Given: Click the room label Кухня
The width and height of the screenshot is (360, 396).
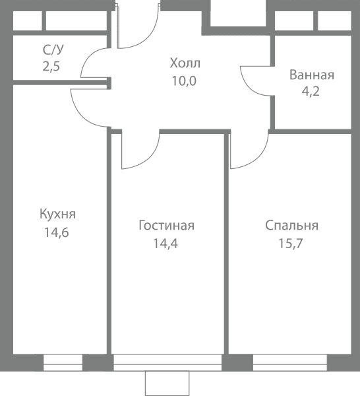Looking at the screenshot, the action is [57, 214].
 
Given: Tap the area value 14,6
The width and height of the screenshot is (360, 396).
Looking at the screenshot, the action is [57, 232].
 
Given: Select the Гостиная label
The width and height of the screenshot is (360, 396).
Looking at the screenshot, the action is [167, 225].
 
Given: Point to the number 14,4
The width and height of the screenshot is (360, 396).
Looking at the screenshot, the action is [165, 244].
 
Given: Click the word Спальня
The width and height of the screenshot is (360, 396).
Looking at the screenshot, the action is [291, 225].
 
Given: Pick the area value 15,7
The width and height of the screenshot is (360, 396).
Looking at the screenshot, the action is [290, 244].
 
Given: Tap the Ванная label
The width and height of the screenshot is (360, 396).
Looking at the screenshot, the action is [312, 75].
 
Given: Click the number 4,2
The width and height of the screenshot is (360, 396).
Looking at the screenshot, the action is [311, 91].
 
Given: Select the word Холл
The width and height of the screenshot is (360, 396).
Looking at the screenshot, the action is [185, 63].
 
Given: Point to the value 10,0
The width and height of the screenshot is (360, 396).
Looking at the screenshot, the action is [184, 81].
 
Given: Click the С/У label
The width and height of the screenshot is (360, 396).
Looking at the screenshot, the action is [53, 49].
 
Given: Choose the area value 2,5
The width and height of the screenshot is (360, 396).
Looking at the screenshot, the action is [51, 67].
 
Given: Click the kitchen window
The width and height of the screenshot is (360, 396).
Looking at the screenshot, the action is [63, 362].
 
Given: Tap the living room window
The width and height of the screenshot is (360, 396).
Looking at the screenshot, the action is [167, 362].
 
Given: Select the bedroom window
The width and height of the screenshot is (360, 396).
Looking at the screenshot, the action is [290, 362].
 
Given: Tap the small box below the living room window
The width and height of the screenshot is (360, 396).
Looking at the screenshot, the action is [167, 383].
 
